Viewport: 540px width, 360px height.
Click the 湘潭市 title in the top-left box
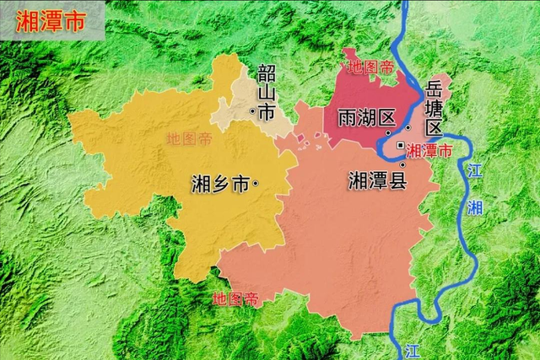(x=50, y=22)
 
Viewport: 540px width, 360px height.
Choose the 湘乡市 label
(x=221, y=184)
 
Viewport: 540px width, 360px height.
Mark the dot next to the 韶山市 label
(x=251, y=111)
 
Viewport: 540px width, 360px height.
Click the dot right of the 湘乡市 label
(x=255, y=184)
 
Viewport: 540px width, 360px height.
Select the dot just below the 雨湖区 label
(x=387, y=132)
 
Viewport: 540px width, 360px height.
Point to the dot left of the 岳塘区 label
(x=408, y=127)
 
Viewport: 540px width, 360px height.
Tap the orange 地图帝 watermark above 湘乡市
(x=189, y=138)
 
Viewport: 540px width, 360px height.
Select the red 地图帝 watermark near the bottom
(x=235, y=298)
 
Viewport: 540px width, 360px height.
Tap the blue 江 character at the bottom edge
(x=411, y=349)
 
